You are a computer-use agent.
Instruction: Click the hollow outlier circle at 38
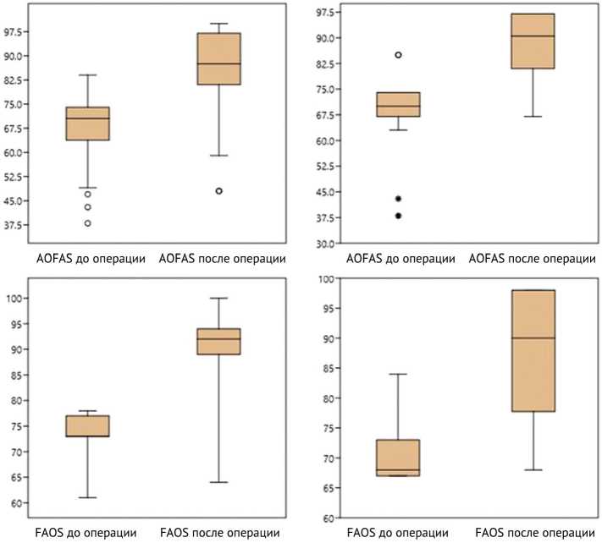tap(87, 223)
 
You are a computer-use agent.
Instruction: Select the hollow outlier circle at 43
tap(87, 207)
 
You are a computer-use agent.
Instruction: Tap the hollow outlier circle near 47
tap(87, 195)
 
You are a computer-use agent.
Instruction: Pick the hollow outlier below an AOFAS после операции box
tap(218, 191)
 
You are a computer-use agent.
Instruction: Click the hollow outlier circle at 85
tap(397, 55)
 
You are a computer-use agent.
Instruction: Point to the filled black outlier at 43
tap(397, 199)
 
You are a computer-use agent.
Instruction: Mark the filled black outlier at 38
tap(397, 216)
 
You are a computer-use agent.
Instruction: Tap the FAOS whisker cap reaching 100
tap(218, 298)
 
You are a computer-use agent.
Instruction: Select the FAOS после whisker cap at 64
tap(218, 482)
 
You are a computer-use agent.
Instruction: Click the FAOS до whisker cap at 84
tap(397, 374)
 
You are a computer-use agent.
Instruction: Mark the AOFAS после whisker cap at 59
tap(218, 156)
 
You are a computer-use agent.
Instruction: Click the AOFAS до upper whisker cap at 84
tap(87, 74)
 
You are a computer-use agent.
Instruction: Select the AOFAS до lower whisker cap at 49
tap(87, 188)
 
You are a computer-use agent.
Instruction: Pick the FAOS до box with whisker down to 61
tap(87, 425)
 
